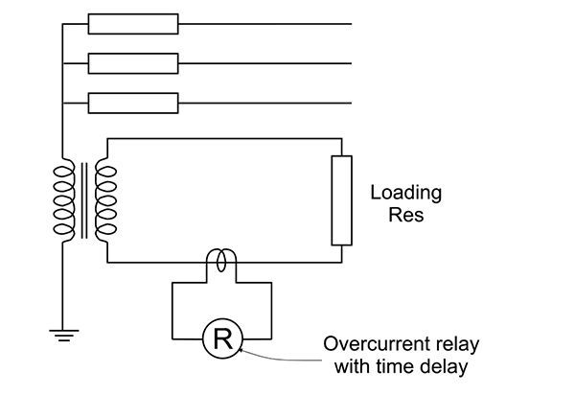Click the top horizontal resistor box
pyautogui.click(x=133, y=24)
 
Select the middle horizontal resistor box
pyautogui.click(x=133, y=63)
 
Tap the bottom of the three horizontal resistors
pyautogui.click(x=133, y=104)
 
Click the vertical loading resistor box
pyautogui.click(x=342, y=200)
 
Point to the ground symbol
pyautogui.click(x=64, y=336)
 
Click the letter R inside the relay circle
pyautogui.click(x=222, y=339)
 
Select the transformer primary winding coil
pyautogui.click(x=64, y=200)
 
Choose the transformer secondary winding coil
pyautogui.click(x=105, y=200)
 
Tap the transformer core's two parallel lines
pyautogui.click(x=84, y=200)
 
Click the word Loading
pyautogui.click(x=406, y=193)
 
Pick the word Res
pyautogui.click(x=406, y=215)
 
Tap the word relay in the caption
pyautogui.click(x=458, y=345)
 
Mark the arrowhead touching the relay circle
pyautogui.click(x=241, y=350)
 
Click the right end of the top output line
pyautogui.click(x=352, y=24)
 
